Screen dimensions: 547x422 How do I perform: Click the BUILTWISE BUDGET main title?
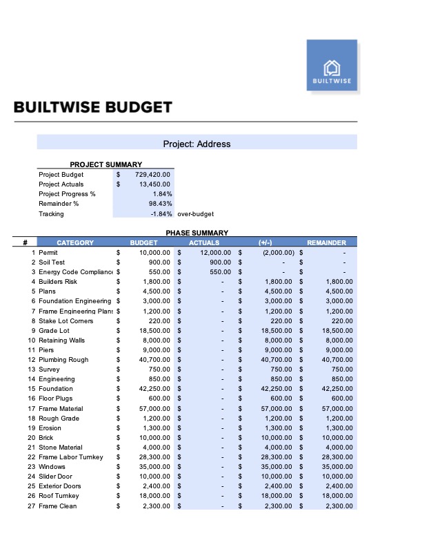coord(92,108)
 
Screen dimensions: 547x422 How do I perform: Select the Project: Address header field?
coord(197,144)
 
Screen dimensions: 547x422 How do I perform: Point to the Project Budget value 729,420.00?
coord(152,175)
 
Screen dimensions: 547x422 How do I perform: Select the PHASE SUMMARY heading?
coord(197,233)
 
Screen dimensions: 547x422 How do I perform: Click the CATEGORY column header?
coord(74,243)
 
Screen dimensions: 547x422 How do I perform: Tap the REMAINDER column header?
coord(326,243)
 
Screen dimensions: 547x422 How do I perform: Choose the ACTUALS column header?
coord(204,243)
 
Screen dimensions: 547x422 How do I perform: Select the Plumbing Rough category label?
coord(63,360)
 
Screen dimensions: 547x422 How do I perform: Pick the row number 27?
coord(31,506)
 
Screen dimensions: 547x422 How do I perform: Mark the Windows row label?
coord(53,467)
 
